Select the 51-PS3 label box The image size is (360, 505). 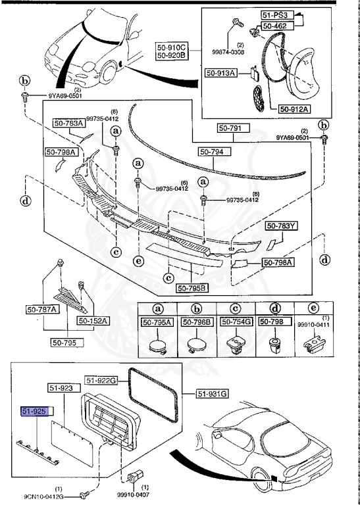[x=277, y=15]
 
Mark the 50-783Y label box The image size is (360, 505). [x=282, y=226]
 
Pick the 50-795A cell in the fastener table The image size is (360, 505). [x=157, y=322]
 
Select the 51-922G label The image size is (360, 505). [x=101, y=380]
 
